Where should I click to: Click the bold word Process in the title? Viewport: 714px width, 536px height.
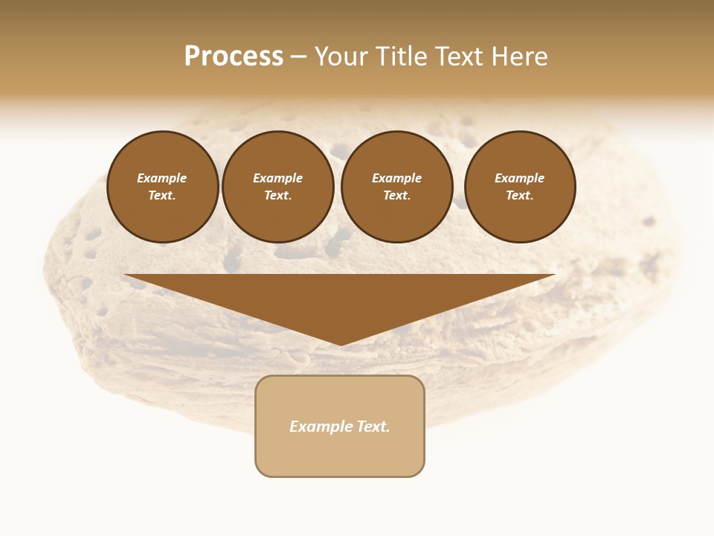point(234,57)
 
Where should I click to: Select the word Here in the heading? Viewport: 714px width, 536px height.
point(519,57)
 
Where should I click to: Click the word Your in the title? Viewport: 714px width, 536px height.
point(342,57)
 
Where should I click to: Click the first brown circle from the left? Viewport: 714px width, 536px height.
point(163,187)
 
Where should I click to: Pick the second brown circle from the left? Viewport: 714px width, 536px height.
point(278,187)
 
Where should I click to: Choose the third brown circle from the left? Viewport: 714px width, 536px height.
point(397,187)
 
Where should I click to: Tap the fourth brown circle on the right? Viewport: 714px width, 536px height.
point(520,187)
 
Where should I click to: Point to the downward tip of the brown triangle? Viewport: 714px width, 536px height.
point(341,344)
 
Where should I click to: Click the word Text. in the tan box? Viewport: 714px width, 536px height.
point(373,427)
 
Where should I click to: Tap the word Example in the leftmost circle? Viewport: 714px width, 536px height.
point(162,179)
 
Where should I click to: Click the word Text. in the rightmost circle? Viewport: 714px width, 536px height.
point(520,196)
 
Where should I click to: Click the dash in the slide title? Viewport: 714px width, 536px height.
point(298,57)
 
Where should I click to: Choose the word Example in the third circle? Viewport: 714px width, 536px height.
point(397,179)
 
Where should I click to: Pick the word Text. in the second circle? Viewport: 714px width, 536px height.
point(278,196)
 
